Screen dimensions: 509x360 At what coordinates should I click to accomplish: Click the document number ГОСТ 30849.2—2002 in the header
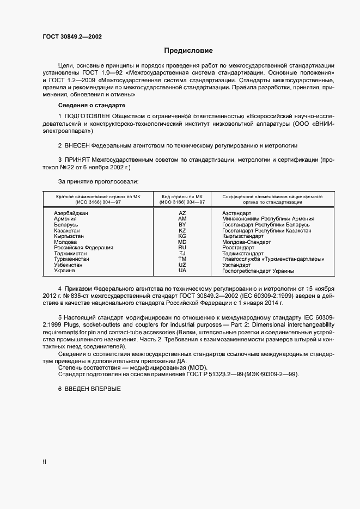point(72,37)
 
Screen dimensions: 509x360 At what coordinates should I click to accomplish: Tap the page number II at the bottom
point(45,462)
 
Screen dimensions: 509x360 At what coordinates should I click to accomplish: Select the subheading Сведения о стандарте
point(91,105)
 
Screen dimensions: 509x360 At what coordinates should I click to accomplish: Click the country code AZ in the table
point(182,213)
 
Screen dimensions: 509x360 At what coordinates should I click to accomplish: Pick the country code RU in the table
point(182,248)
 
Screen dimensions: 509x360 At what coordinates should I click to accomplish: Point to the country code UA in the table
point(182,271)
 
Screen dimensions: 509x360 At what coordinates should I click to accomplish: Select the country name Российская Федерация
point(83,248)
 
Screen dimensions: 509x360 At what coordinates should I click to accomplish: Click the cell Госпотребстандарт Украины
point(258,271)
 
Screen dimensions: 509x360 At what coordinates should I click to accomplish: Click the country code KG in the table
point(182,236)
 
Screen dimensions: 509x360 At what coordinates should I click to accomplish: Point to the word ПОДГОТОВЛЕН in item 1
point(91,116)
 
